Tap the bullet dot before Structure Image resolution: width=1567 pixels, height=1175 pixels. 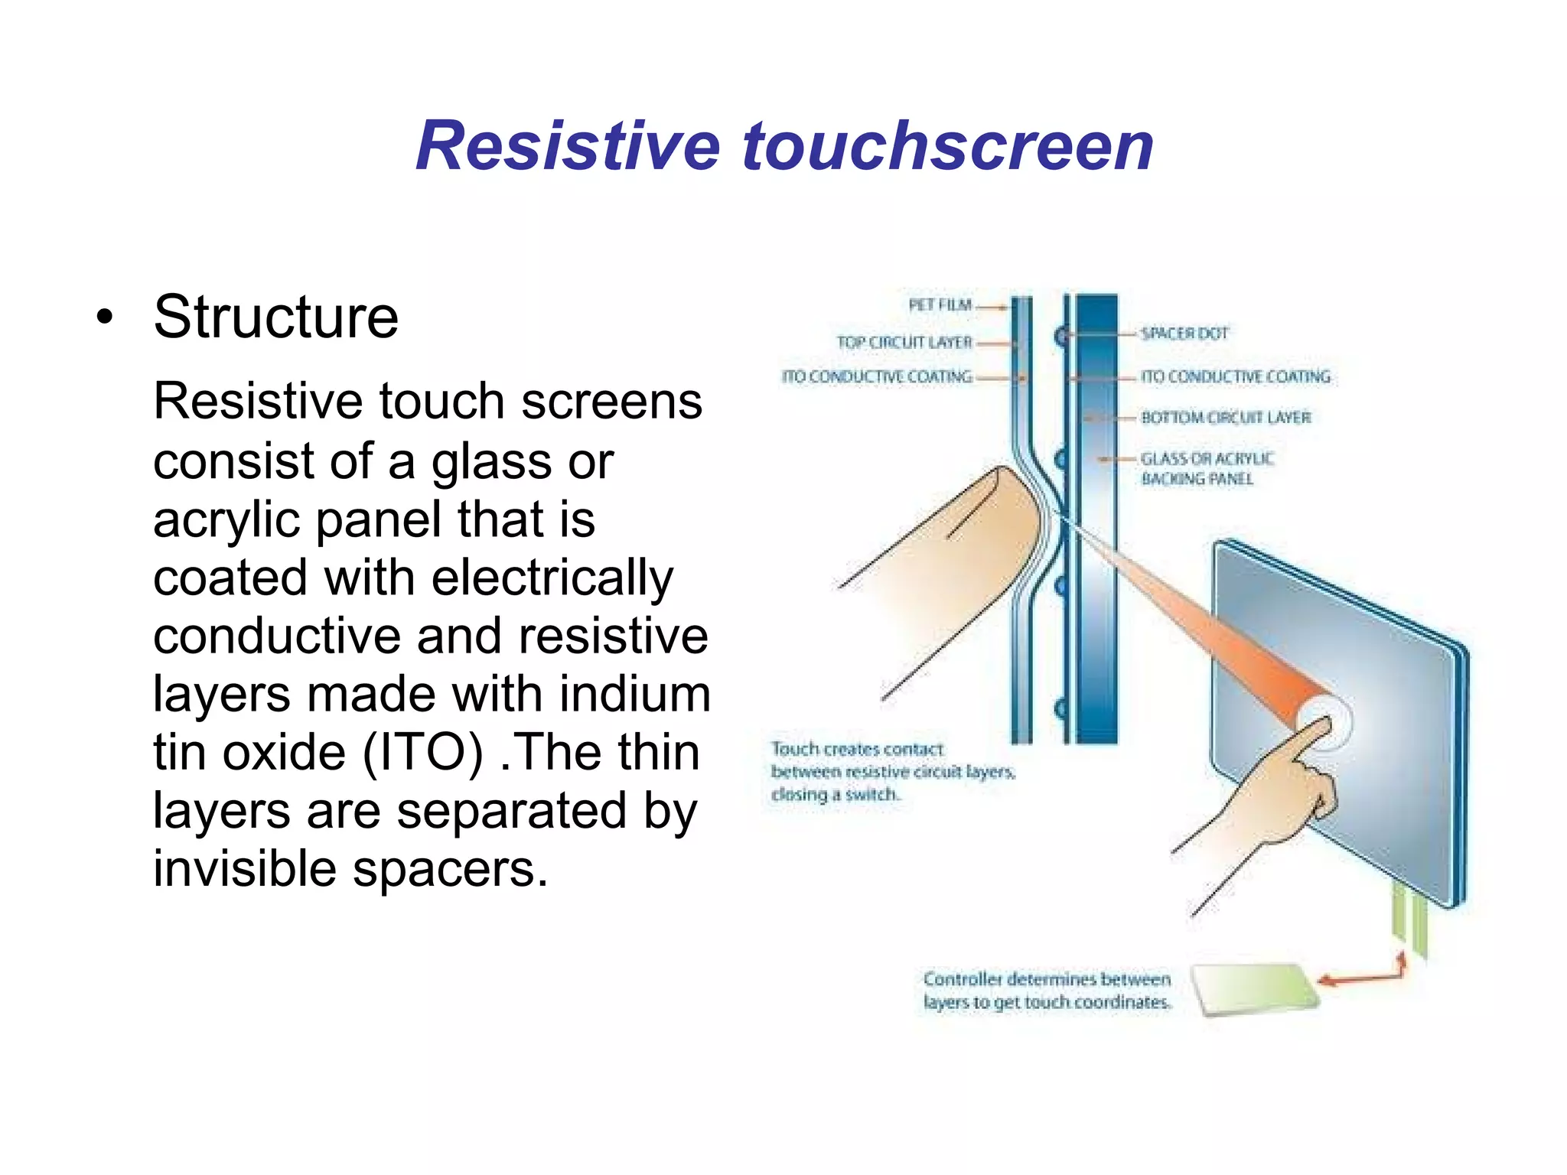[x=105, y=317]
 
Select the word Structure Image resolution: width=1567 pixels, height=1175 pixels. [x=275, y=317]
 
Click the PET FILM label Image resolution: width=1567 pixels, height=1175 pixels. [x=940, y=305]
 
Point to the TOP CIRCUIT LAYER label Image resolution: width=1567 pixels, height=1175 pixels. [x=904, y=342]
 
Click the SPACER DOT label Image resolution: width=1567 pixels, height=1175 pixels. [x=1184, y=334]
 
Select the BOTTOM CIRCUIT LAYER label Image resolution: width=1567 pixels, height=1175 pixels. [x=1226, y=418]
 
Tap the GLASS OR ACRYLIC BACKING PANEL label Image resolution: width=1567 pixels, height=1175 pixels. [x=1207, y=468]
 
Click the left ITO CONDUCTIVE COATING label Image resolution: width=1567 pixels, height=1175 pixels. [x=877, y=376]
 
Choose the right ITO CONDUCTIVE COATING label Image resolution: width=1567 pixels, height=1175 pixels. [x=1235, y=376]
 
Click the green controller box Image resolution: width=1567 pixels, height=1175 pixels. [x=1255, y=990]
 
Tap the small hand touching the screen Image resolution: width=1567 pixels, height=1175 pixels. [x=1285, y=796]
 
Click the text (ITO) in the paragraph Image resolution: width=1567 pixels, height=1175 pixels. [x=422, y=752]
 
